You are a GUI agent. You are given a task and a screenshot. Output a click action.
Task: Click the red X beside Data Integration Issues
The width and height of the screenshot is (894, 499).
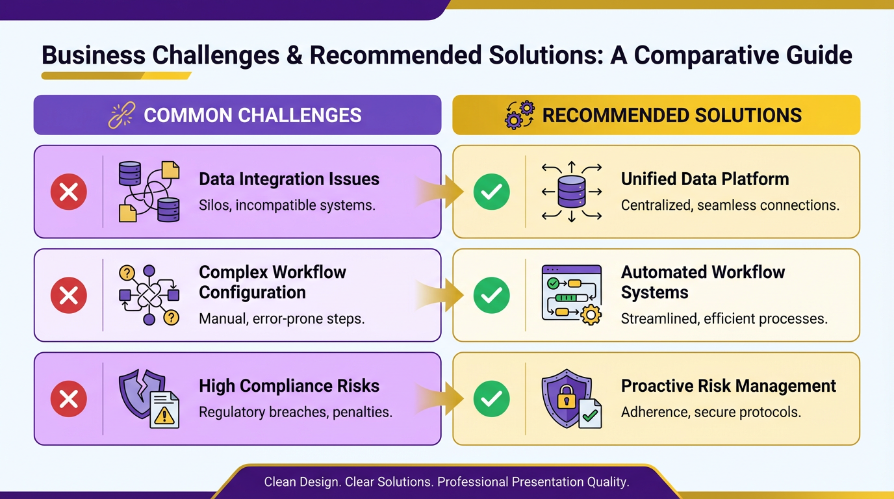pyautogui.click(x=69, y=192)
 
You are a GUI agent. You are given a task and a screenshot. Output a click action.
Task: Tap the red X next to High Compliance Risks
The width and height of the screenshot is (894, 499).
pyautogui.click(x=69, y=399)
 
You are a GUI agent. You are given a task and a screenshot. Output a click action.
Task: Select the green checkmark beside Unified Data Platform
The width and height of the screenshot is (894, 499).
pyautogui.click(x=491, y=192)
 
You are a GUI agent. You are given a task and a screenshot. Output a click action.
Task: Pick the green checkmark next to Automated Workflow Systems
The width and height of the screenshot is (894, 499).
pyautogui.click(x=491, y=295)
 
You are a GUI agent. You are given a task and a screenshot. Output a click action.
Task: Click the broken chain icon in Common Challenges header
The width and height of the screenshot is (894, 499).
pyautogui.click(x=121, y=115)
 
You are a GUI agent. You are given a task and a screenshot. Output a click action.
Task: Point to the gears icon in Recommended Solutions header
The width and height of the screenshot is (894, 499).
pyautogui.click(x=520, y=115)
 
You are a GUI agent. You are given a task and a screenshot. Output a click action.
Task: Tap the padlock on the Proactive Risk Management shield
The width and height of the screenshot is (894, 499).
pyautogui.click(x=567, y=396)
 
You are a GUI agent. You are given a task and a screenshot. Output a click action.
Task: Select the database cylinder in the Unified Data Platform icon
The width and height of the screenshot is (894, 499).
pyautogui.click(x=572, y=192)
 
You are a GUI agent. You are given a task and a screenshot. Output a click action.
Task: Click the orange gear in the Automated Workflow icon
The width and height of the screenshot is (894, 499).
pyautogui.click(x=591, y=315)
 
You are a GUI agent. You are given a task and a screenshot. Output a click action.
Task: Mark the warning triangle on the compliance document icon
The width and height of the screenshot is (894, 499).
pyautogui.click(x=164, y=416)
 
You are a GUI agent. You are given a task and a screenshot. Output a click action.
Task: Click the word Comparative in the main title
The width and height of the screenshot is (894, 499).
pyautogui.click(x=706, y=55)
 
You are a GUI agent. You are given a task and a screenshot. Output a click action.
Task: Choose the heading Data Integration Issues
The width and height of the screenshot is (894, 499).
pyautogui.click(x=289, y=179)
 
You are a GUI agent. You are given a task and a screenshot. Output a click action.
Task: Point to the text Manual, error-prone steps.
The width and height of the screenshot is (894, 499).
pyautogui.click(x=282, y=318)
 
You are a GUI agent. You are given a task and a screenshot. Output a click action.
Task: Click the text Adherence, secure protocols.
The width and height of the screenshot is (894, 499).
pyautogui.click(x=711, y=412)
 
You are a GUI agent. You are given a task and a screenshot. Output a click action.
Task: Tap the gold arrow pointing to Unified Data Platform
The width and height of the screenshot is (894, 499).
pyautogui.click(x=439, y=192)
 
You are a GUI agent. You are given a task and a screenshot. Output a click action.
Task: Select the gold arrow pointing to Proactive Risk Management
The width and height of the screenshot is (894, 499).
pyautogui.click(x=439, y=398)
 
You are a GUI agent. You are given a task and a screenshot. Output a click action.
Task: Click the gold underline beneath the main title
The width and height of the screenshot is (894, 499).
pyautogui.click(x=116, y=76)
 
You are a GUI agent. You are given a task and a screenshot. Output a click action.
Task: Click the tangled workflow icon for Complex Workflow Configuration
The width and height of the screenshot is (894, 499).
pyautogui.click(x=149, y=295)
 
